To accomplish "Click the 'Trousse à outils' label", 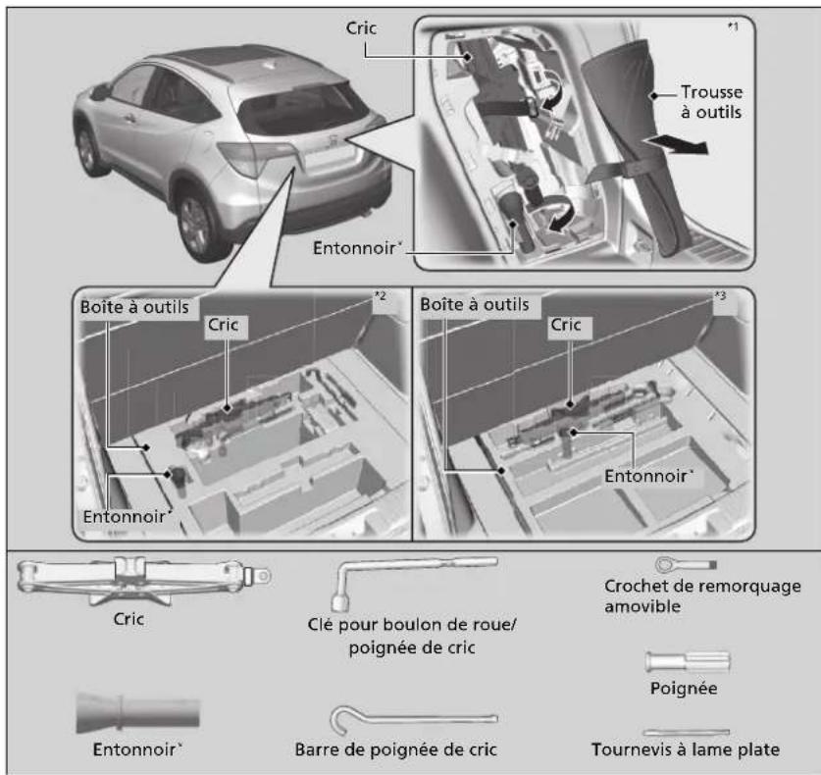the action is pos(711,102).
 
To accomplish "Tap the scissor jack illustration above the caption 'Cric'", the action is pos(143,580).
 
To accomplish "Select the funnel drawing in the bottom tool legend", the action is pos(137,712).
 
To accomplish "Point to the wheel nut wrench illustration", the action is pos(414,581).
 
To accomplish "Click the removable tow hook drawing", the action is pos(686,564).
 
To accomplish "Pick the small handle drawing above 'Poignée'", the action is pos(688,662).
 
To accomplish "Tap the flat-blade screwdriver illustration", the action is pos(686,732).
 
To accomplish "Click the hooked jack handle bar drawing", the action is pos(413,719).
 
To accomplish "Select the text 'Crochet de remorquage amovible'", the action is pos(702,595).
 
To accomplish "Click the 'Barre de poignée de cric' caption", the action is pos(395,749).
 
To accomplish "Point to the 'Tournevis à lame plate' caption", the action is pos(686,749).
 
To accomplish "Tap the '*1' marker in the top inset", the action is pos(733,26).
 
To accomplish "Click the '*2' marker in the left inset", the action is pos(381,296).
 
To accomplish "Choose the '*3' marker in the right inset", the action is pos(721,296).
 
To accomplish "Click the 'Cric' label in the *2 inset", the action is pos(223,325).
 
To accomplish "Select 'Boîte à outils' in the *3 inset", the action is pos(475,304).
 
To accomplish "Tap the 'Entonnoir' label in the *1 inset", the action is pos(357,247).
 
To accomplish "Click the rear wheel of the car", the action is pos(195,226).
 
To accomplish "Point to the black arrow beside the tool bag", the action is pos(676,144).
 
